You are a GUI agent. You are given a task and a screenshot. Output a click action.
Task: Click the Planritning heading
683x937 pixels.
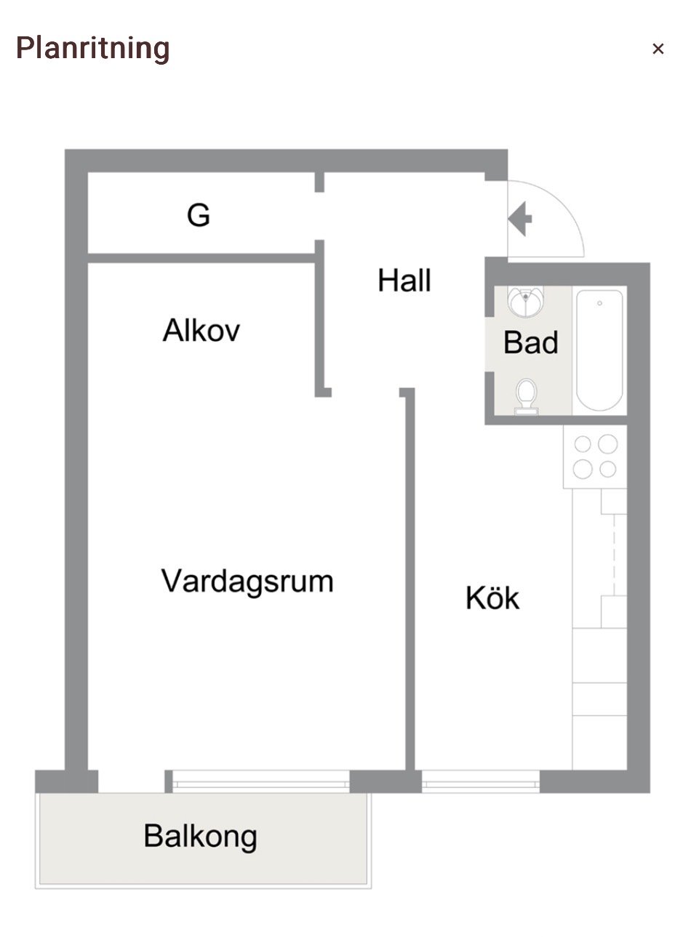click(x=93, y=49)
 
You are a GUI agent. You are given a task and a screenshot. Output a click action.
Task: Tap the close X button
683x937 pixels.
click(x=658, y=49)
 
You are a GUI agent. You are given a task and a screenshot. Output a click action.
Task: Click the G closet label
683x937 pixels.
click(x=199, y=215)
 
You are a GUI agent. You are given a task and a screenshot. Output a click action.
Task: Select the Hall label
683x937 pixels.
click(x=404, y=281)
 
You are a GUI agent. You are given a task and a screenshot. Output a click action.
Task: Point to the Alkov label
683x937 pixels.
click(x=201, y=331)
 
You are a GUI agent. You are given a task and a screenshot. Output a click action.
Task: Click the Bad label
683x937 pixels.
click(x=531, y=342)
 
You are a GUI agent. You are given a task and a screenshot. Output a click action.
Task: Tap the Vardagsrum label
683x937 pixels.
click(x=247, y=581)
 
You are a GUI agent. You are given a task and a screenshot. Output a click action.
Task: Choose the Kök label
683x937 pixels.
click(x=492, y=598)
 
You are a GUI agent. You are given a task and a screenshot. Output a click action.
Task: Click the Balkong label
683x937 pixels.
click(x=201, y=836)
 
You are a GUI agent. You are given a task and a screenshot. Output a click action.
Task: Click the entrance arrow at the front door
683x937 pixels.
click(x=520, y=219)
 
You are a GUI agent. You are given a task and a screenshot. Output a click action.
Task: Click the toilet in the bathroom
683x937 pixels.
click(x=527, y=396)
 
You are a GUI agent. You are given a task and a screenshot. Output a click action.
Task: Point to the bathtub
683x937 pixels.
click(x=600, y=350)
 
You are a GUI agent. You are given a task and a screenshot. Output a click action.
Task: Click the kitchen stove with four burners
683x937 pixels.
click(x=595, y=457)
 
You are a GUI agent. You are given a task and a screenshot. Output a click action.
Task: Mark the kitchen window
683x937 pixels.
click(x=481, y=781)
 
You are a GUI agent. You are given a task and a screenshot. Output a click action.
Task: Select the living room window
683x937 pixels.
click(x=261, y=781)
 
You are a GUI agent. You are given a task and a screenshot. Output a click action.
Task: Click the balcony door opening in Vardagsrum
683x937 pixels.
click(x=132, y=781)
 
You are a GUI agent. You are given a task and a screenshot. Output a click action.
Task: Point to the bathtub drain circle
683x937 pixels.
click(x=600, y=303)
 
